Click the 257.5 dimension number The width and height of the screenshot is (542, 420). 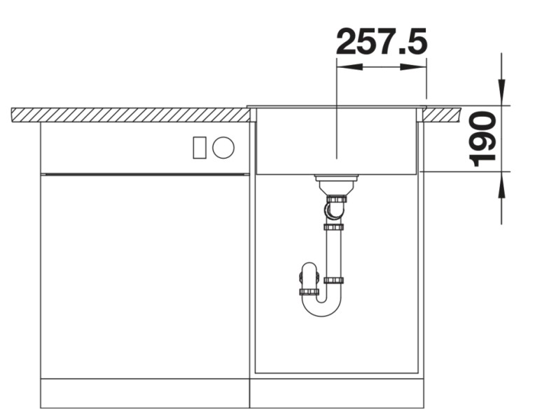(381, 43)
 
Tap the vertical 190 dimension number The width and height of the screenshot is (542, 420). (482, 140)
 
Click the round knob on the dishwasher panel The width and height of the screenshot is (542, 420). (223, 147)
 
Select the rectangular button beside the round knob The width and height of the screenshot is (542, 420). (200, 147)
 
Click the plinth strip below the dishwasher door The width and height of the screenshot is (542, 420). (144, 393)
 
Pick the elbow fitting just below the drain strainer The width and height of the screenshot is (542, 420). (335, 208)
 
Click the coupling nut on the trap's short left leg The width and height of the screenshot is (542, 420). (309, 291)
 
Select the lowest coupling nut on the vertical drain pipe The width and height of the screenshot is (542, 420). (333, 281)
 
